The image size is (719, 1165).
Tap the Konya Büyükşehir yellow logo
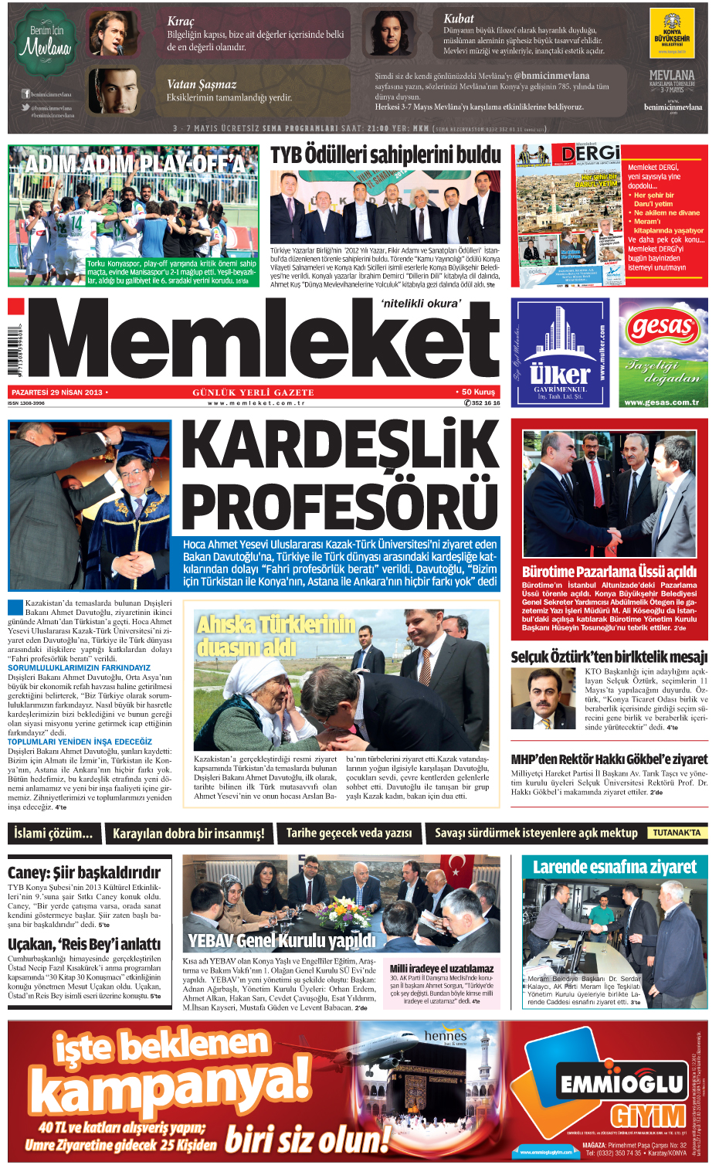tap(672, 35)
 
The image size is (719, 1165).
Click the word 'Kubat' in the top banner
tap(459, 19)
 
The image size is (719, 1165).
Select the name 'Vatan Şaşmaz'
tap(202, 84)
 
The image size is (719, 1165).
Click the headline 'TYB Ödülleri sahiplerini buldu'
tap(385, 155)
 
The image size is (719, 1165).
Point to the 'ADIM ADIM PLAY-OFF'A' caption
tap(135, 163)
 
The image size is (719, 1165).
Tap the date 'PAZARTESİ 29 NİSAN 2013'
tap(57, 392)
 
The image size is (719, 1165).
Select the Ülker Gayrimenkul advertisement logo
tap(560, 352)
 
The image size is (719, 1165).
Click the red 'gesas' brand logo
tap(662, 328)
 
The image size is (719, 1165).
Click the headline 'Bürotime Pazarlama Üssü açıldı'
tap(609, 572)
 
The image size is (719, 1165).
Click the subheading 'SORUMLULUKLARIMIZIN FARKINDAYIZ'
tap(79, 667)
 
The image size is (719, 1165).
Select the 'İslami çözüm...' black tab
tap(53, 833)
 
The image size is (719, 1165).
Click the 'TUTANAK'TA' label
tap(676, 833)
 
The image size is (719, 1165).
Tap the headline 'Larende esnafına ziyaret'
tap(614, 867)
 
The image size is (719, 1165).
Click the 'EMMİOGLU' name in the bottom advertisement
tap(622, 1084)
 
